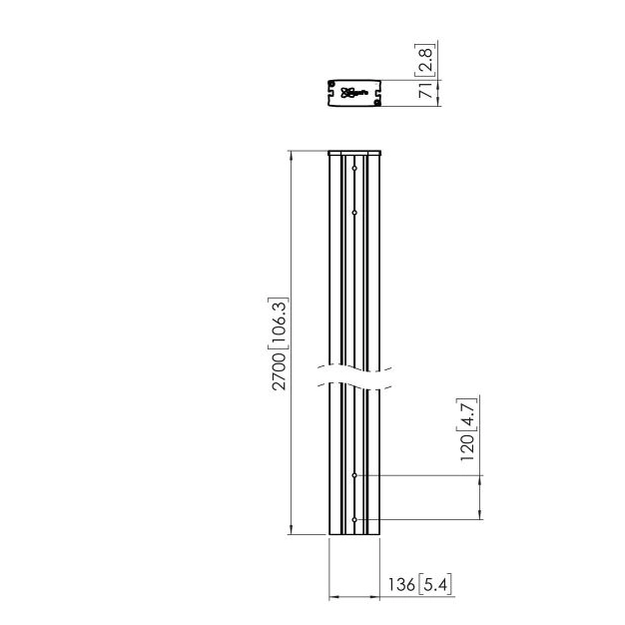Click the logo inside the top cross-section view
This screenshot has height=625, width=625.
point(354,93)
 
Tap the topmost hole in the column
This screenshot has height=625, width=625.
point(354,168)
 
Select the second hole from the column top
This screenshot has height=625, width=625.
point(354,212)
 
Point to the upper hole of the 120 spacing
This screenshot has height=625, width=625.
point(354,476)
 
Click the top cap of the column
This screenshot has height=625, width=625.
point(354,153)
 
